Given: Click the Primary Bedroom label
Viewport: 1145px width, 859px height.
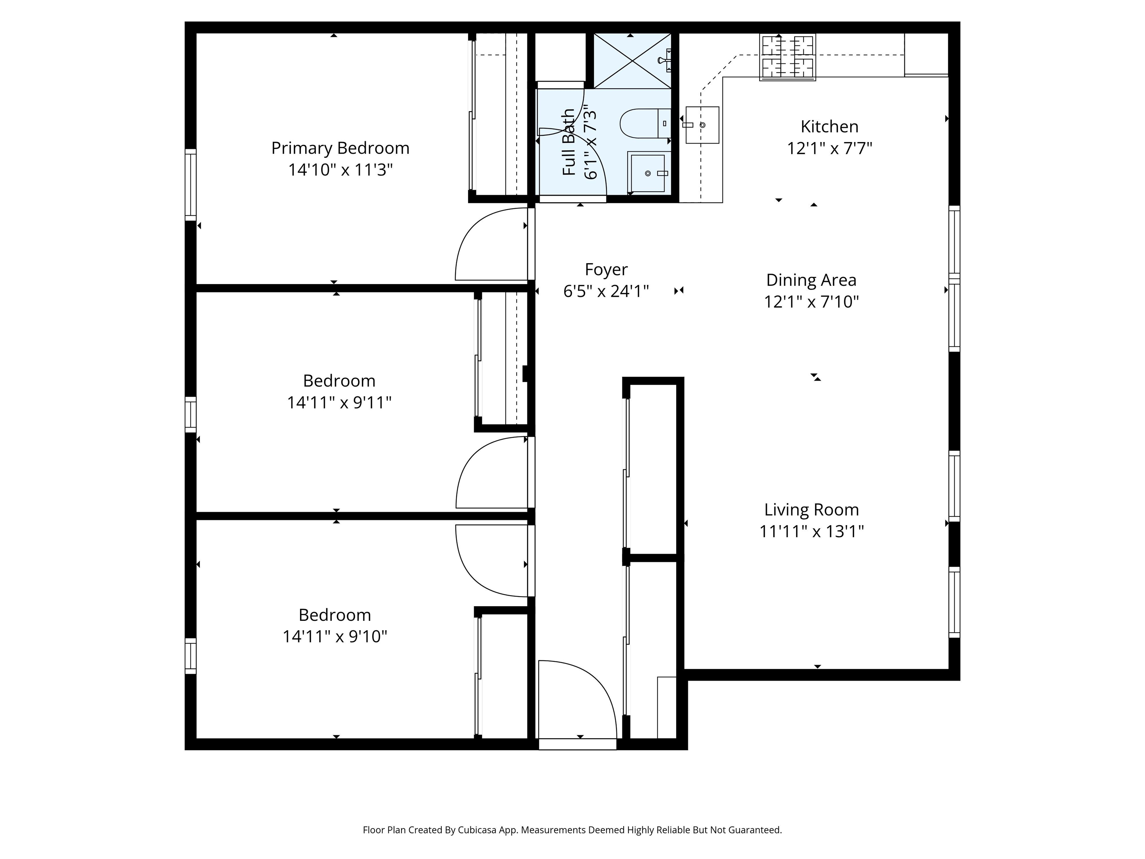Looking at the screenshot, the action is click(x=340, y=149).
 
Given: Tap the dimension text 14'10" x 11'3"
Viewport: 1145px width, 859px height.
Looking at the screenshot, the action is click(x=340, y=170).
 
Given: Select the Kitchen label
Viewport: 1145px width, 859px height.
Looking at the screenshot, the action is click(x=829, y=126).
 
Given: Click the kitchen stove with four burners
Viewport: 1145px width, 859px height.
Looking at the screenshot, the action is click(x=787, y=57).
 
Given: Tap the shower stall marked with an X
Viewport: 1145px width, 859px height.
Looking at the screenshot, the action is click(x=632, y=60).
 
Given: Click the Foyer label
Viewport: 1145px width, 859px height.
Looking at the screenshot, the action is click(x=606, y=269).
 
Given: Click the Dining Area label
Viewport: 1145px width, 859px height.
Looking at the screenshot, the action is click(x=811, y=280).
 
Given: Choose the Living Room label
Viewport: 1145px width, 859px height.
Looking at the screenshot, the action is click(x=811, y=510).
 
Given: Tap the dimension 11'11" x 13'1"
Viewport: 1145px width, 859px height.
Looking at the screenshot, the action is click(x=811, y=532).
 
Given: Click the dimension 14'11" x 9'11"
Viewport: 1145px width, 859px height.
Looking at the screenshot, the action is click(x=339, y=402).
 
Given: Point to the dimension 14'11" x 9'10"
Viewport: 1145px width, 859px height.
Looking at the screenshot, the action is click(x=335, y=636).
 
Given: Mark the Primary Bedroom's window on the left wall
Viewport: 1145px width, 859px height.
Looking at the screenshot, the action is click(x=190, y=185).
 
